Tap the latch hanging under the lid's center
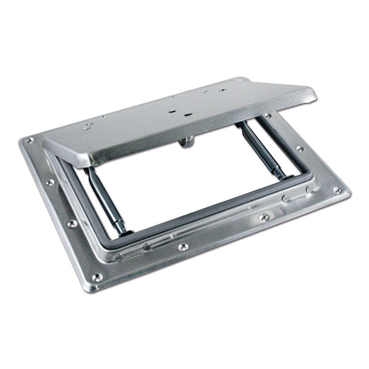(184, 144)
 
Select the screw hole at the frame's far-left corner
(30, 141)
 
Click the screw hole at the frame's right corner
(337, 191)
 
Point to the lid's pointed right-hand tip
(315, 93)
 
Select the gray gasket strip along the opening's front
(203, 215)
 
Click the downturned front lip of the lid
(184, 132)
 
